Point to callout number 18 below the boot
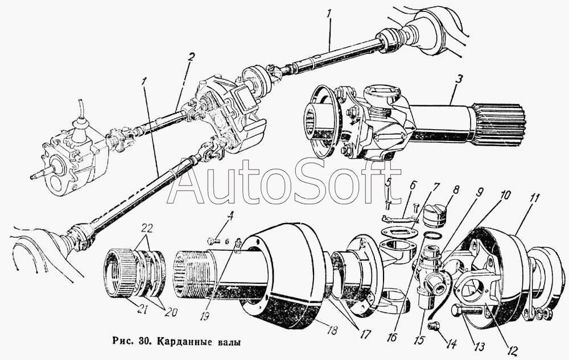332,330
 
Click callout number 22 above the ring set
147,229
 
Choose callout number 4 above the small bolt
230,218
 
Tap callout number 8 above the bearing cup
456,189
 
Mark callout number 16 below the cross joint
392,337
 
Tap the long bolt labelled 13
467,311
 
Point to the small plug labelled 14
433,326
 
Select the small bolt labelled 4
213,240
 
